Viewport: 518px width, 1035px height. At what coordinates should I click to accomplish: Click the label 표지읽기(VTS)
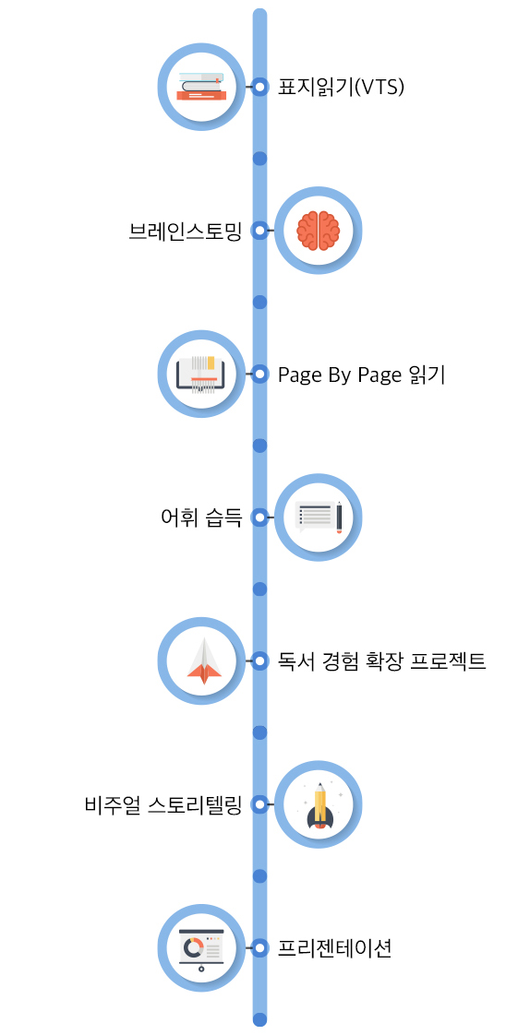point(341,87)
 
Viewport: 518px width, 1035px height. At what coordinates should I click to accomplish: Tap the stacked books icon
point(201,86)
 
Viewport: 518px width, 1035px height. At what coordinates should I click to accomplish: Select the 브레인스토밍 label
point(186,231)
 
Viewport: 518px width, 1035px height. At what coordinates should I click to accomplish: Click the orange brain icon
point(318,231)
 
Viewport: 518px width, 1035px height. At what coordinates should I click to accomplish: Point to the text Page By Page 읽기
point(362,375)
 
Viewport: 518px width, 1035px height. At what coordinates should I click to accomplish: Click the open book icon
point(201,375)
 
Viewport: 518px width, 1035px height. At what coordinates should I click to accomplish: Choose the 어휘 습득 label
point(201,518)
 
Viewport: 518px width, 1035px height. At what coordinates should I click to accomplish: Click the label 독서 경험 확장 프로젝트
point(382,660)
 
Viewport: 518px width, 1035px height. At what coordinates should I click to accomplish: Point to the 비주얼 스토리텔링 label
point(163,804)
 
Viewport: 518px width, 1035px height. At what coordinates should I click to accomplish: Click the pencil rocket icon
point(319,805)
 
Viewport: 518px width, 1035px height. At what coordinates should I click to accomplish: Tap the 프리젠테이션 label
point(335,948)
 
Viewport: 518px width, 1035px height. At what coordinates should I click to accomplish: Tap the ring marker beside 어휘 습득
point(259,518)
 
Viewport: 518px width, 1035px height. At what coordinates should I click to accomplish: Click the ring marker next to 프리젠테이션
point(259,948)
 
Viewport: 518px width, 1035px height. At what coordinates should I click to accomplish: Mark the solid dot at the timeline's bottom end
point(259,1019)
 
